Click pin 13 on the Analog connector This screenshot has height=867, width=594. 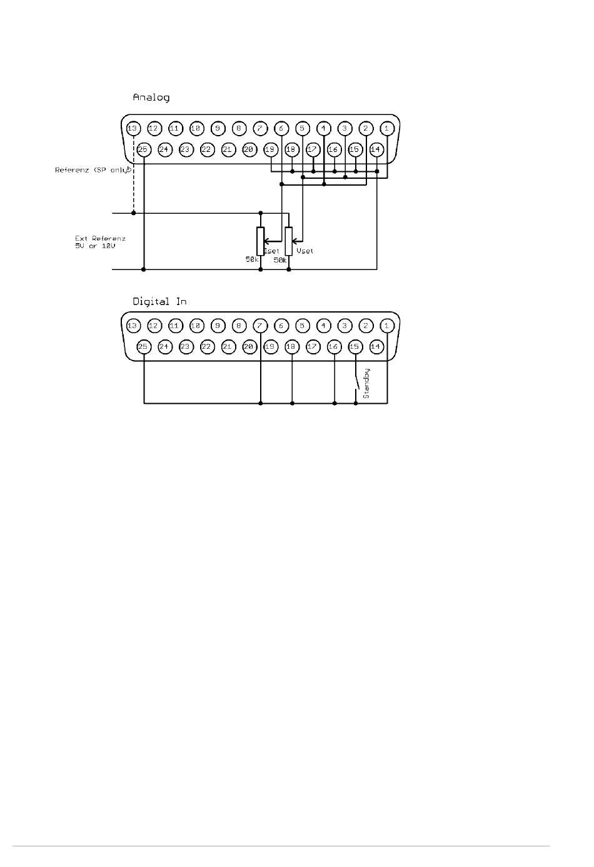pos(132,129)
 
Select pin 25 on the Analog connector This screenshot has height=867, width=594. pos(143,149)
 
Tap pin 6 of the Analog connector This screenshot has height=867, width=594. pos(281,129)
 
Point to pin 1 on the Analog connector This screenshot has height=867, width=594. pos(387,129)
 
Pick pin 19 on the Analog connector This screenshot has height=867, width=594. pos(271,149)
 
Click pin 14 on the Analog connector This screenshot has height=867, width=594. pos(376,149)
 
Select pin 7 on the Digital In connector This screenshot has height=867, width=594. pos(260,326)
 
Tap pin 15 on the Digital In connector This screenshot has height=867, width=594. pos(355,346)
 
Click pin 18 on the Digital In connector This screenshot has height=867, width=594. pos(291,346)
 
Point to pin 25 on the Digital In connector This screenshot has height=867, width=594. pos(143,346)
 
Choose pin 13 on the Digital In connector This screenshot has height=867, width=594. pos(132,326)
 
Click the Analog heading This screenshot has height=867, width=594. pos(151,98)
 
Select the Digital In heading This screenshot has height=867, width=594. pos(159,301)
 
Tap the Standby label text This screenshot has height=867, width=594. pos(367,383)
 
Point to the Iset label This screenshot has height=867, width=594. pos(272,251)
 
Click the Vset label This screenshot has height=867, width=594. pos(305,251)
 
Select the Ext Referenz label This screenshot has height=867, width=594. pos(100,242)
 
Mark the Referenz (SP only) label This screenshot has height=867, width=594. pos(93,170)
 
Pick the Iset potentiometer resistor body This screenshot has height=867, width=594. pos(260,241)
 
